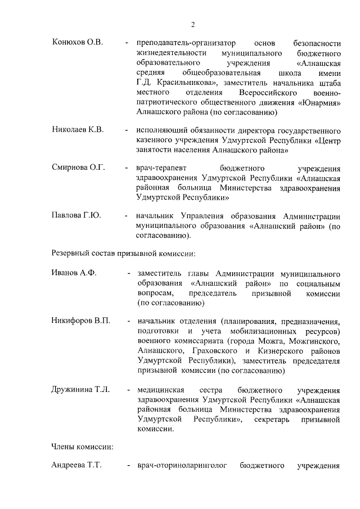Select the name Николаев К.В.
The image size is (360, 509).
[78, 130]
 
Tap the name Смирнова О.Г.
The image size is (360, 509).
[78, 168]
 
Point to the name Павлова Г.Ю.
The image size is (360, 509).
[76, 215]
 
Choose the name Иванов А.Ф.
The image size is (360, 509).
[74, 273]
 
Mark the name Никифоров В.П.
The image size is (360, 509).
[80, 321]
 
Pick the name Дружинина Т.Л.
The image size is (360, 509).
[80, 389]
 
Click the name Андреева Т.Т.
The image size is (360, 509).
[76, 466]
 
